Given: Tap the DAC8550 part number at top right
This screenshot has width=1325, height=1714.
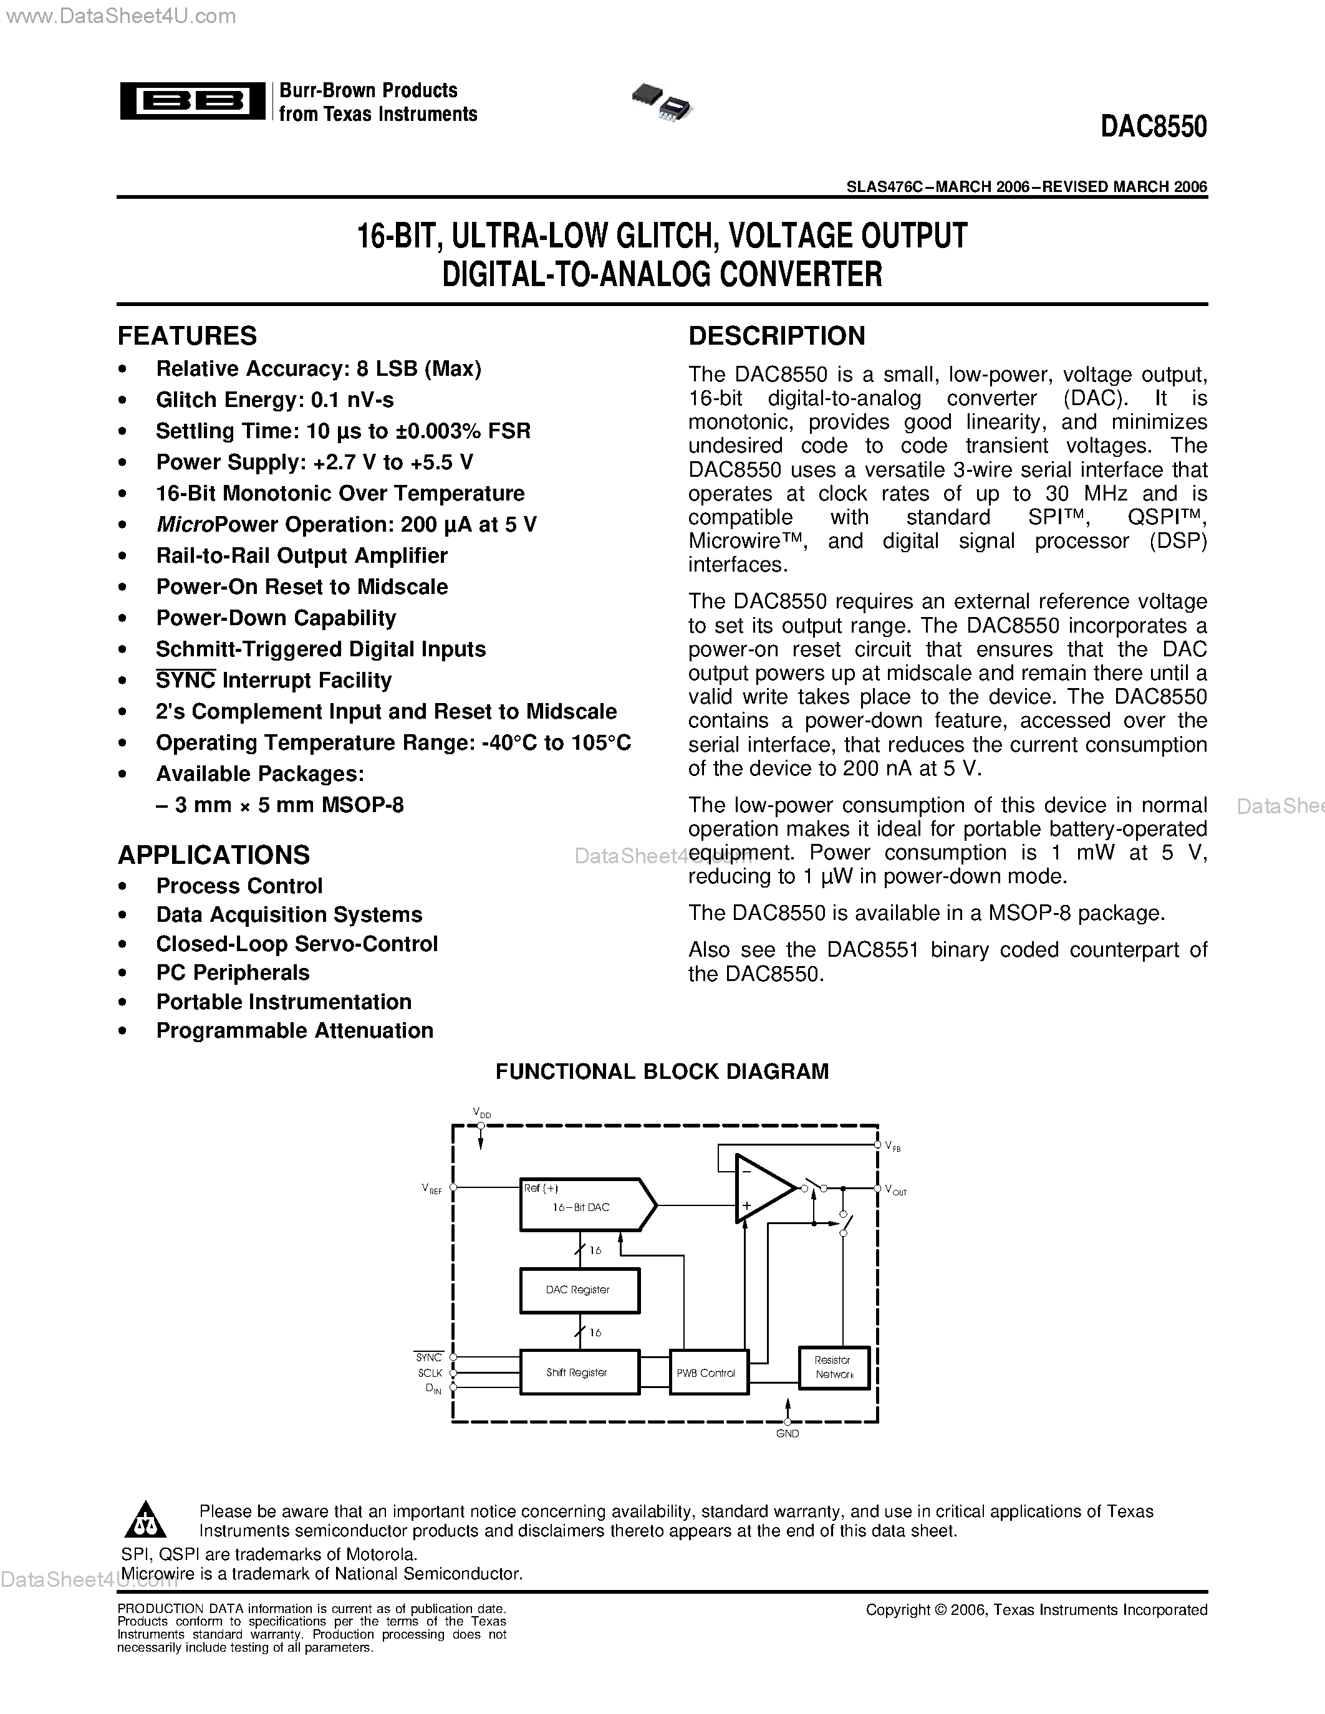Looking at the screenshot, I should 1153,127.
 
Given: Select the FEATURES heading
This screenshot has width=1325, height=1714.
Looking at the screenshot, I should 187,336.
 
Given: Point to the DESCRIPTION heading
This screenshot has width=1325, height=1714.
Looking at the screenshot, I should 776,336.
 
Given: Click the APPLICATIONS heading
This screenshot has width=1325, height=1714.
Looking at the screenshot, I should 213,855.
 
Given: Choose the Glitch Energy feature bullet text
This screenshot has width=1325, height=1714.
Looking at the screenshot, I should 275,400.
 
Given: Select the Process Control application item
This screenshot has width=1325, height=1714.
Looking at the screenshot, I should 239,886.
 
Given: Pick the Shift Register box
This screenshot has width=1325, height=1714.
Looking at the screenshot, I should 579,1372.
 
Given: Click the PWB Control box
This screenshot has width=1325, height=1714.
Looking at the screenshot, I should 707,1372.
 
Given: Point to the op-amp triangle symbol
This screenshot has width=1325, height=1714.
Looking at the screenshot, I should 761,1189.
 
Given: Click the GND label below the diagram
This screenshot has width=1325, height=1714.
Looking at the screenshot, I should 788,1434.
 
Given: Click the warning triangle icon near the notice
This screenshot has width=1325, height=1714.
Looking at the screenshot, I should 145,1521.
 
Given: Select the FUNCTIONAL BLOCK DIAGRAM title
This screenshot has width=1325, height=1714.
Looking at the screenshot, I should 662,1072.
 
